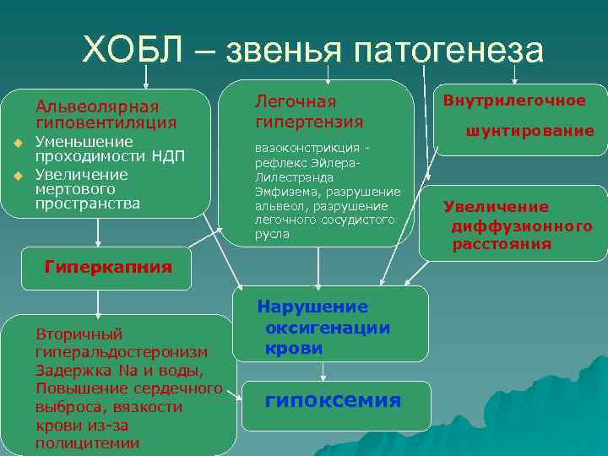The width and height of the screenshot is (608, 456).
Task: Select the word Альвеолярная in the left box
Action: [96, 106]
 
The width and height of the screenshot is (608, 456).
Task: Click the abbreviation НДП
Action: [166, 155]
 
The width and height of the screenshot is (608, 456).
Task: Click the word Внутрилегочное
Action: [514, 100]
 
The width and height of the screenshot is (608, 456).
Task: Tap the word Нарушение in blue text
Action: [312, 307]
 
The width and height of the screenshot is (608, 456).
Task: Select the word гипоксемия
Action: [333, 399]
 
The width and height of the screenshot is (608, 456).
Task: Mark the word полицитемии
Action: [87, 443]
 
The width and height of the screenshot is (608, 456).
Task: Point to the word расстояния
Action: [502, 244]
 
